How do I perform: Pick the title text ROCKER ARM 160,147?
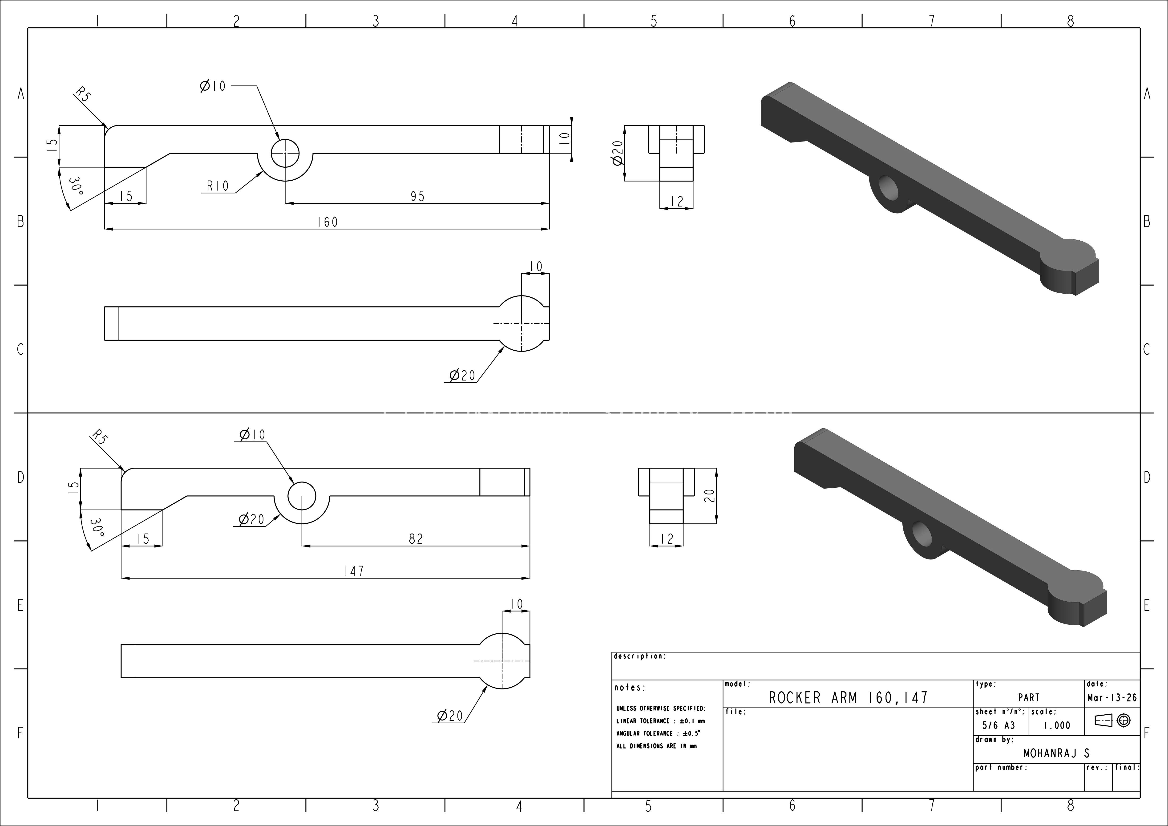[848, 697]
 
